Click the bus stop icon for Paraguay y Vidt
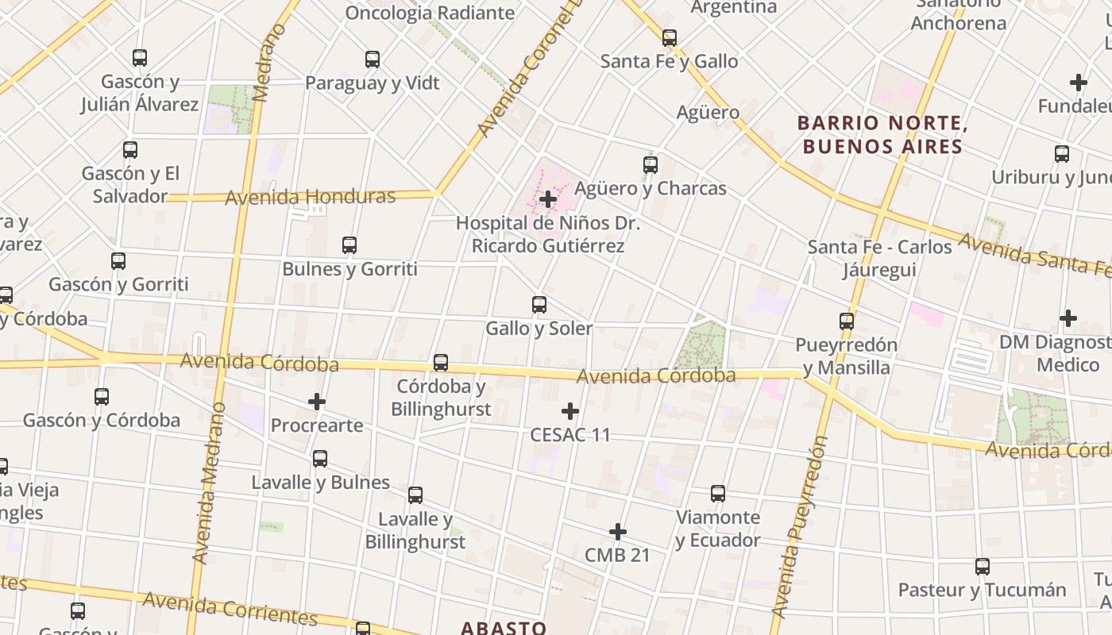point(373,60)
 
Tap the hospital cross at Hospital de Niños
point(548,198)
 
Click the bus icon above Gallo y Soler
point(539,305)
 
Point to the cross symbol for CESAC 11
point(570,411)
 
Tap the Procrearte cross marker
point(317,402)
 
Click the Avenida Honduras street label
point(310,196)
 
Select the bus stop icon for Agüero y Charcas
point(651,165)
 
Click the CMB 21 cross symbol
point(618,532)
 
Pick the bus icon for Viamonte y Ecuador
point(718,494)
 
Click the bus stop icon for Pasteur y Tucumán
point(983,567)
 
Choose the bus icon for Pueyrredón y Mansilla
point(847,321)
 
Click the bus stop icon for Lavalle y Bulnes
point(320,459)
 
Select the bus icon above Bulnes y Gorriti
point(349,245)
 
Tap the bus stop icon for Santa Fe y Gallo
point(670,38)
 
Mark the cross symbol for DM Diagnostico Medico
point(1068,318)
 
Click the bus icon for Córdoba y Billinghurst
point(441,363)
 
